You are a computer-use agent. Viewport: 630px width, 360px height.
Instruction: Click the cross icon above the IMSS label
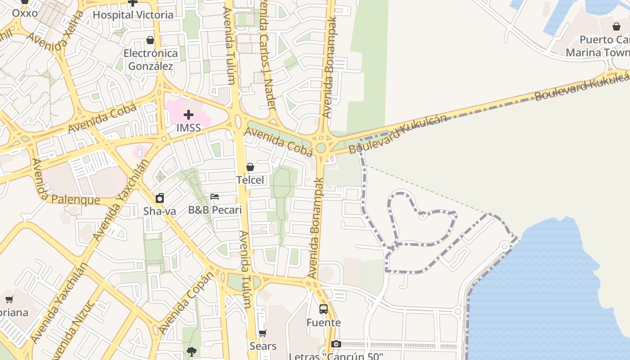pyautogui.click(x=189, y=114)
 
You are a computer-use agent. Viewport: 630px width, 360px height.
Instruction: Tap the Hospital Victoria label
pyautogui.click(x=133, y=15)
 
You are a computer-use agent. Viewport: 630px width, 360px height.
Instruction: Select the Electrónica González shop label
pyautogui.click(x=151, y=59)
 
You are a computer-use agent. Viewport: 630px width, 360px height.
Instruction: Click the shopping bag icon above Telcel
pyautogui.click(x=250, y=167)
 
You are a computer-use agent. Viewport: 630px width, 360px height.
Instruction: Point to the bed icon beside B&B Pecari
pyautogui.click(x=215, y=197)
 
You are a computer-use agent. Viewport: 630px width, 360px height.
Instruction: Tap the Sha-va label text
pyautogui.click(x=159, y=211)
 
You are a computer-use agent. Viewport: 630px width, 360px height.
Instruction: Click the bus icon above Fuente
pyautogui.click(x=324, y=309)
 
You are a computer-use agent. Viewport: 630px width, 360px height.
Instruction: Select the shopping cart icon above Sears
pyautogui.click(x=263, y=333)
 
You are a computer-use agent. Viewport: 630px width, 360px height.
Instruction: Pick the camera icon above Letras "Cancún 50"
pyautogui.click(x=336, y=344)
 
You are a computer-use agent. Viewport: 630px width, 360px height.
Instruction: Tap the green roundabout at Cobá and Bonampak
pyautogui.click(x=321, y=148)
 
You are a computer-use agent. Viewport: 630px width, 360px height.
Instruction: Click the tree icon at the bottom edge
pyautogui.click(x=192, y=352)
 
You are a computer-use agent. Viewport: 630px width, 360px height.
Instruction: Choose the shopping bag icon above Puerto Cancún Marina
pyautogui.click(x=616, y=27)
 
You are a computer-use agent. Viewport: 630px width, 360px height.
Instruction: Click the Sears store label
pyautogui.click(x=263, y=346)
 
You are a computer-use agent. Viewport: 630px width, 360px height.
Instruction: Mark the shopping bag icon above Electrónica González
pyautogui.click(x=150, y=40)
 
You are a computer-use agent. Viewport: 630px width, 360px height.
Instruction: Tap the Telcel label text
pyautogui.click(x=250, y=180)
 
